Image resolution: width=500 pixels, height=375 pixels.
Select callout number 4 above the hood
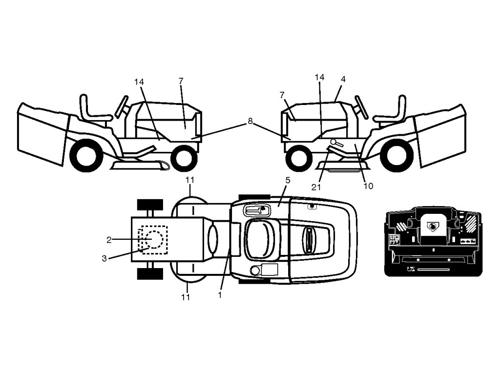343,79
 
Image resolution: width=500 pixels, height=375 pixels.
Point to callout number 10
368,186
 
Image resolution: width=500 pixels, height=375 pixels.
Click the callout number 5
288,181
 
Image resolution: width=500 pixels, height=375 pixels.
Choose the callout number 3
104,258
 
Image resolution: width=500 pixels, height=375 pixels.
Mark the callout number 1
220,295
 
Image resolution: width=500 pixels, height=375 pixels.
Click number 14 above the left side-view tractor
139,82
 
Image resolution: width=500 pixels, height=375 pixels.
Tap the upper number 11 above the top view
190,180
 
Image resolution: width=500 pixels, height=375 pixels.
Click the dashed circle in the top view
154,239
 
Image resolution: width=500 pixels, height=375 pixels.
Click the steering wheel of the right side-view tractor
361,107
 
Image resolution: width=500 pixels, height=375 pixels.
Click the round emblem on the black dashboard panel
433,226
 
